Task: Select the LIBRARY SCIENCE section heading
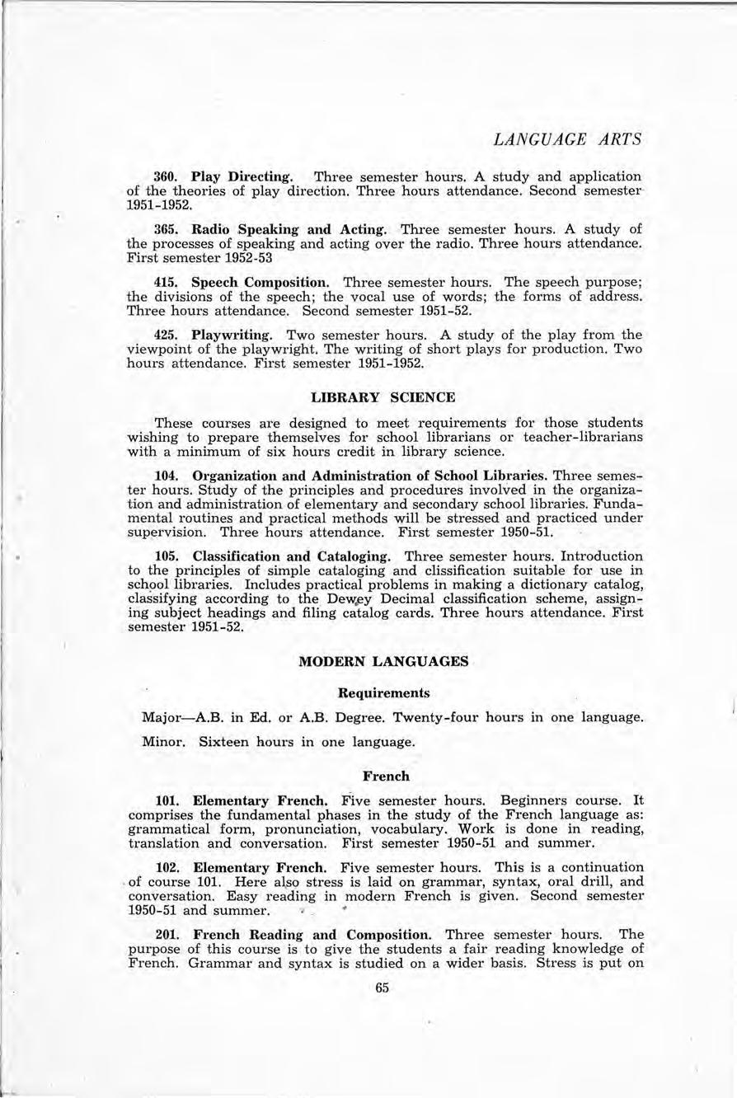point(384,396)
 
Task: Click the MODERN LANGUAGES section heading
point(383,660)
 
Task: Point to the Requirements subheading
point(384,692)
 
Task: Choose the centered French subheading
point(384,776)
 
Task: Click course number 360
point(168,177)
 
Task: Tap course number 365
point(168,228)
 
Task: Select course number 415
point(168,282)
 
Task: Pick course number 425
point(168,335)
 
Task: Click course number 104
point(168,476)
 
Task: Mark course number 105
point(168,556)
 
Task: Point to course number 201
point(168,935)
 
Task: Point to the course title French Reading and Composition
point(312,935)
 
